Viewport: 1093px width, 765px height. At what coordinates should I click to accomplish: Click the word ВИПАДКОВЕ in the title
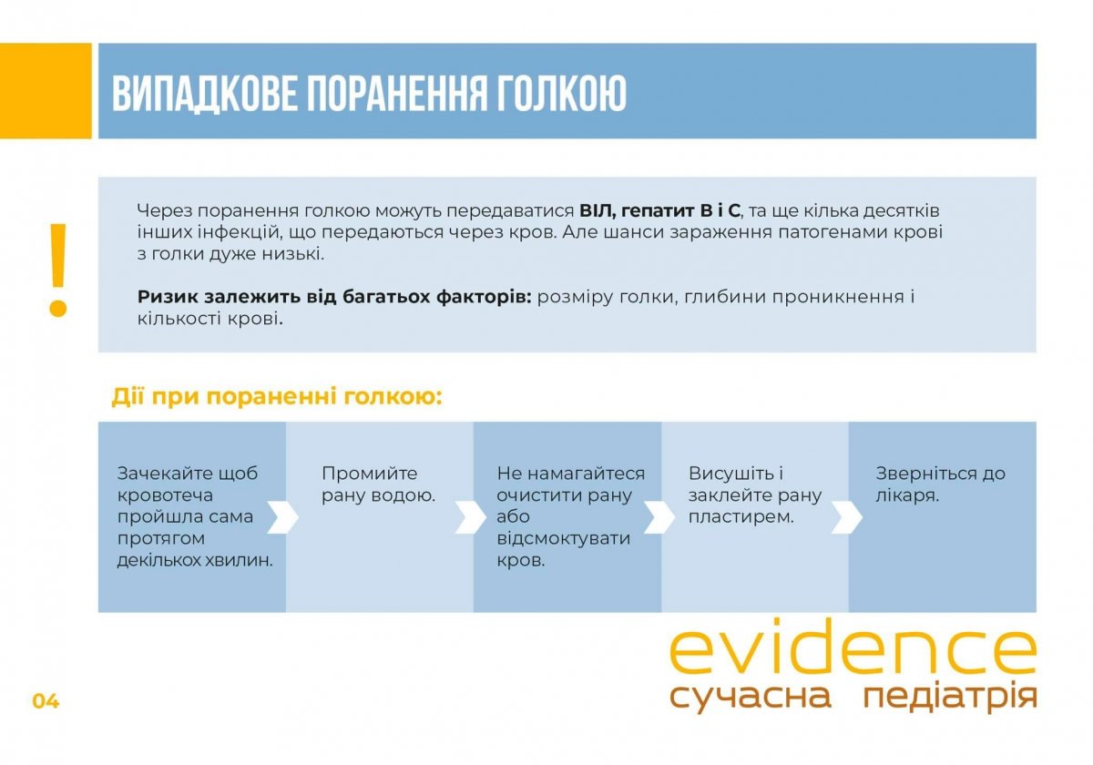pyautogui.click(x=204, y=94)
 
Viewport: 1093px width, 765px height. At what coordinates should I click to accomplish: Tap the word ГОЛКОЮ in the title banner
pyautogui.click(x=561, y=93)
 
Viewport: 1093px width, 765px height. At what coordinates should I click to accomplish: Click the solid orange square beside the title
pyautogui.click(x=46, y=91)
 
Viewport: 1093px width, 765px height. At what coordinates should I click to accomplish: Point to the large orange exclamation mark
pyautogui.click(x=58, y=270)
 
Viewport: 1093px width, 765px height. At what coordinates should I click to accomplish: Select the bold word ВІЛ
pyautogui.click(x=598, y=210)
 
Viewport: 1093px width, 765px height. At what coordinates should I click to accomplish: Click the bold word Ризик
pyautogui.click(x=167, y=297)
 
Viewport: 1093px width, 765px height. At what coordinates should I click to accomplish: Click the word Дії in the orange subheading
pyautogui.click(x=128, y=397)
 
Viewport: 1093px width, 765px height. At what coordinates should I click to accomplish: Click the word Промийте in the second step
pyautogui.click(x=370, y=474)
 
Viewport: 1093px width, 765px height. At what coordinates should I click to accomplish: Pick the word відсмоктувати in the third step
pyautogui.click(x=564, y=538)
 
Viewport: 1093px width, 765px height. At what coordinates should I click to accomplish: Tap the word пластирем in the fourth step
pyautogui.click(x=741, y=517)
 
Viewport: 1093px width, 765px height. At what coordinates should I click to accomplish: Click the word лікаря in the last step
pyautogui.click(x=907, y=495)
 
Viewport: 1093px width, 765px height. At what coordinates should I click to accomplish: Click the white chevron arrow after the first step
pyautogui.click(x=283, y=517)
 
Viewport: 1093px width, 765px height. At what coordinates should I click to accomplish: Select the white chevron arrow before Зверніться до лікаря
pyautogui.click(x=846, y=517)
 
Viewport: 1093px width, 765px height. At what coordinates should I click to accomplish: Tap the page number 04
pyautogui.click(x=46, y=701)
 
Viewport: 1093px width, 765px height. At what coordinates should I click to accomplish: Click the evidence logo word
pyautogui.click(x=853, y=646)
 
